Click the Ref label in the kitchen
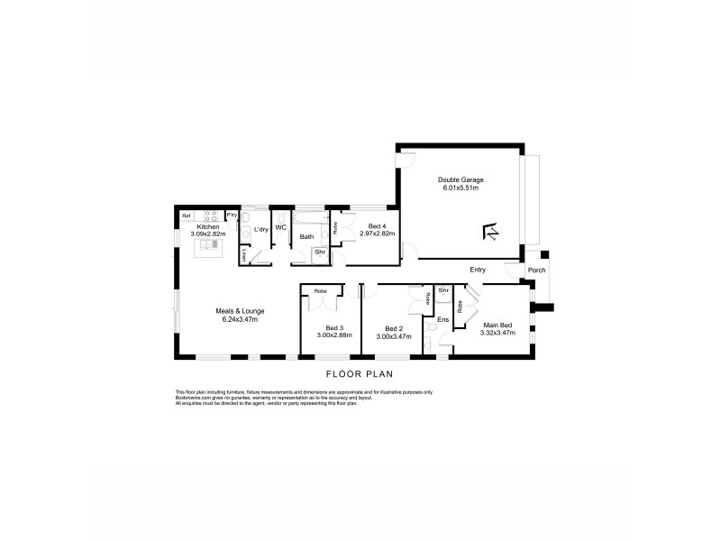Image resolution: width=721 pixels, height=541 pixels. coord(187,215)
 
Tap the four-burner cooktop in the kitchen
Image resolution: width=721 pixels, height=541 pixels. coord(211,215)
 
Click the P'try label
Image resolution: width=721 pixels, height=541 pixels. coord(232,215)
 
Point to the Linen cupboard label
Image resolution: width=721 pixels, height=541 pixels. coord(243,256)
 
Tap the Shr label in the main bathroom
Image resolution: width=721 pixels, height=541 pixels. coord(319,253)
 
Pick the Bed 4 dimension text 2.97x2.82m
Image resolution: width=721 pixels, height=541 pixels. coord(377,234)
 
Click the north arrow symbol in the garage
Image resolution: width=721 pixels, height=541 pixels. coord(492,232)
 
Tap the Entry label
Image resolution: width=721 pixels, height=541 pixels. coord(479,269)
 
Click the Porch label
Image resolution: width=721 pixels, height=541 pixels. coord(536,269)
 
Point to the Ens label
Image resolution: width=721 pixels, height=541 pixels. coord(443,319)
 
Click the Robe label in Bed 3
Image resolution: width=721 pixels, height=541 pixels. coord(320,291)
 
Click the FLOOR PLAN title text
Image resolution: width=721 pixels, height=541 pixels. coord(360,373)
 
